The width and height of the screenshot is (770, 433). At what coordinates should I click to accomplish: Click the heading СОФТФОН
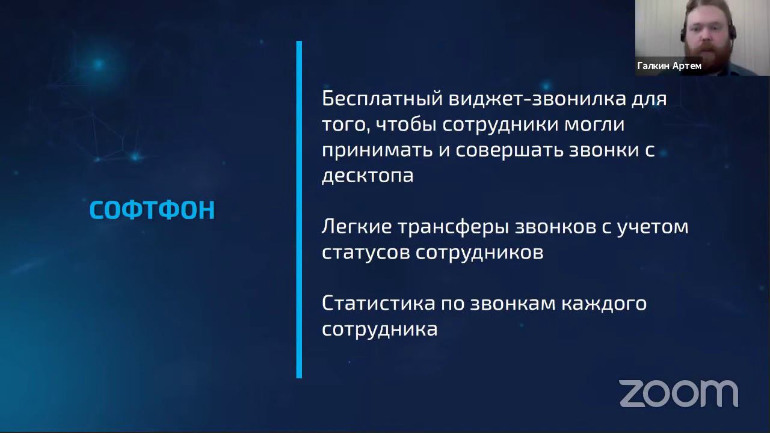click(152, 210)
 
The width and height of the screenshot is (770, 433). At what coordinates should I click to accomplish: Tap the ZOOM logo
click(679, 393)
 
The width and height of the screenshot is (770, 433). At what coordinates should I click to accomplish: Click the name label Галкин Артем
click(669, 66)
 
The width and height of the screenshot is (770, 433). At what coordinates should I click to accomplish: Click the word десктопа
click(368, 176)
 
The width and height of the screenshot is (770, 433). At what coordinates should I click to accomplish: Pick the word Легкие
click(356, 227)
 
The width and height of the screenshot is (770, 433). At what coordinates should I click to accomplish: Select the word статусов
click(365, 253)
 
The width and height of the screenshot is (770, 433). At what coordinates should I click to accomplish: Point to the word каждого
click(603, 302)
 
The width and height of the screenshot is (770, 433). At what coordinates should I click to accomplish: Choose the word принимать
click(376, 150)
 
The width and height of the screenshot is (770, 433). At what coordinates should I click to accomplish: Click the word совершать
click(509, 150)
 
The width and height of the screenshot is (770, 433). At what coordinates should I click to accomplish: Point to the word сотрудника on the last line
click(380, 329)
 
